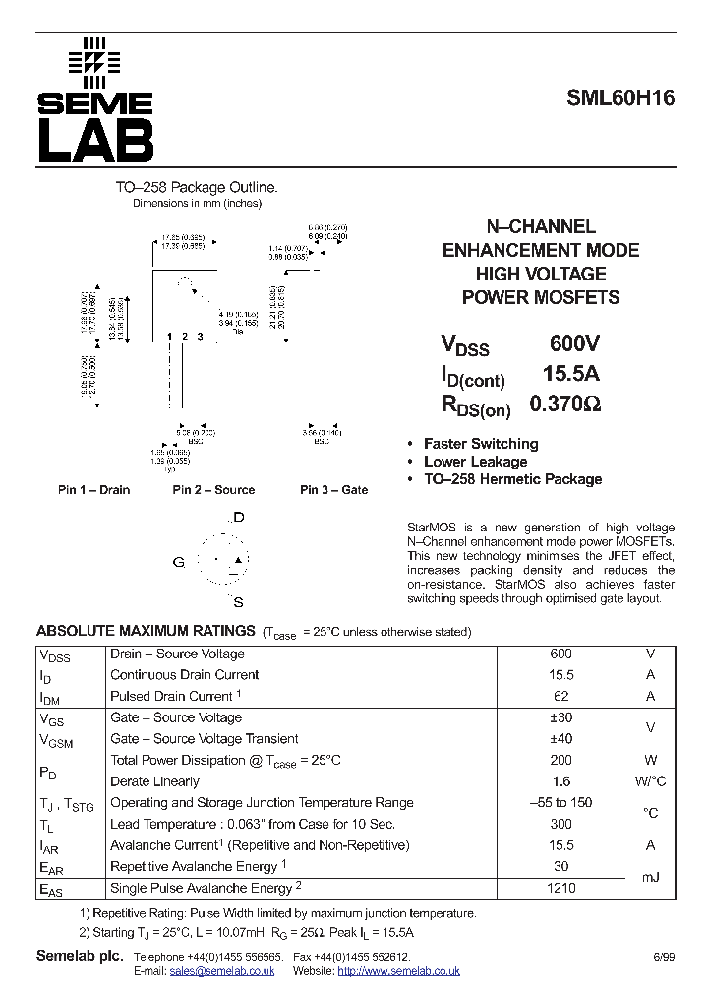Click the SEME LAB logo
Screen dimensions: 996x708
pyautogui.click(x=95, y=101)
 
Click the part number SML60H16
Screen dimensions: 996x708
pyautogui.click(x=619, y=99)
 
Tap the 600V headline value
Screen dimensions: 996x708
pyautogui.click(x=574, y=343)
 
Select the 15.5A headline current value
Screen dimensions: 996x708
pyautogui.click(x=571, y=373)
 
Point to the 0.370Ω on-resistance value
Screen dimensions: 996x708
pyautogui.click(x=565, y=403)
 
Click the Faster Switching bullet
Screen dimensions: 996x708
pyautogui.click(x=480, y=444)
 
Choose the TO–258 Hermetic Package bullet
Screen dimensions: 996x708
pyautogui.click(x=511, y=479)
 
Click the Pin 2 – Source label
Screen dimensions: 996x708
pyautogui.click(x=213, y=490)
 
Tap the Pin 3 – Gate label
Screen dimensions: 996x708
pyautogui.click(x=333, y=490)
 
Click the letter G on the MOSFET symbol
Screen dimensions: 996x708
pyautogui.click(x=179, y=562)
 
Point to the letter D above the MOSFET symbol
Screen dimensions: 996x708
pyautogui.click(x=238, y=517)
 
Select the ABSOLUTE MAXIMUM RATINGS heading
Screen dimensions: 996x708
pyautogui.click(x=146, y=631)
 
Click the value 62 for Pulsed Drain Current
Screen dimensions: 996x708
pyautogui.click(x=560, y=697)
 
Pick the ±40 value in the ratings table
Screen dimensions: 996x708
pyautogui.click(x=560, y=739)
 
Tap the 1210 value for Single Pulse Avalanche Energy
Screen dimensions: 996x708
pyautogui.click(x=560, y=888)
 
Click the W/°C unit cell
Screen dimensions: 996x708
pyautogui.click(x=650, y=781)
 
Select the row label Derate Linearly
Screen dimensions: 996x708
pyautogui.click(x=154, y=781)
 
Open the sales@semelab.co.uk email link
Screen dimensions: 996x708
pyautogui.click(x=221, y=971)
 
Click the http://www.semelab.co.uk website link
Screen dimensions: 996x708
pyautogui.click(x=398, y=971)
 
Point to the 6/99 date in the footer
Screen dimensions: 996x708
pyautogui.click(x=664, y=957)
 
